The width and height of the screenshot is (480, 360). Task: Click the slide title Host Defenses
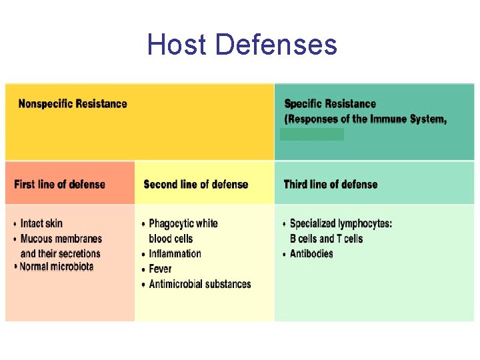[242, 45]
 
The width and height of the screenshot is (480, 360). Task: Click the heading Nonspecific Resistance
[73, 103]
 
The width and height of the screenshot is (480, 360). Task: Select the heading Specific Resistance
[330, 103]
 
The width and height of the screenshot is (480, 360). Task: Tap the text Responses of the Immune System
[366, 119]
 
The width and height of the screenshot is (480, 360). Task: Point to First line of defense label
[59, 184]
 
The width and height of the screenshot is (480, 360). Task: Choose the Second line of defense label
[196, 184]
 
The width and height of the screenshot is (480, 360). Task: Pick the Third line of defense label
[331, 184]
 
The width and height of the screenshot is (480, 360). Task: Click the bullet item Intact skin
[41, 223]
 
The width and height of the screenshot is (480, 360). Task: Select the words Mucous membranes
[61, 239]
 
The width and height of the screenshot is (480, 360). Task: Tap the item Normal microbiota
[57, 267]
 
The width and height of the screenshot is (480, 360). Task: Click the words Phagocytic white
[183, 223]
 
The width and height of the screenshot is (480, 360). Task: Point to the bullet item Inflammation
[175, 253]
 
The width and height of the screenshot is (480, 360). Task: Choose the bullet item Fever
[160, 269]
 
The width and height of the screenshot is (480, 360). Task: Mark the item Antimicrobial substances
[200, 284]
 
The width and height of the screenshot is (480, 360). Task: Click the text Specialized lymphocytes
[341, 223]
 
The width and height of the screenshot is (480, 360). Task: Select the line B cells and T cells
[326, 239]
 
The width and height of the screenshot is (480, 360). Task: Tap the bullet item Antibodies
[311, 253]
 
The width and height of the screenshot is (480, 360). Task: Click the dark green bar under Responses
[312, 135]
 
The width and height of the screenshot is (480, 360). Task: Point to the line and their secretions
[61, 253]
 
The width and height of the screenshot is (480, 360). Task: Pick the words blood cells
[171, 239]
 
